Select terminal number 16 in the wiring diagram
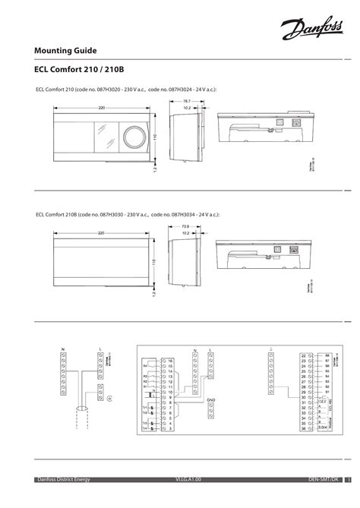172,360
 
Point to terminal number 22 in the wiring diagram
303,355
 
